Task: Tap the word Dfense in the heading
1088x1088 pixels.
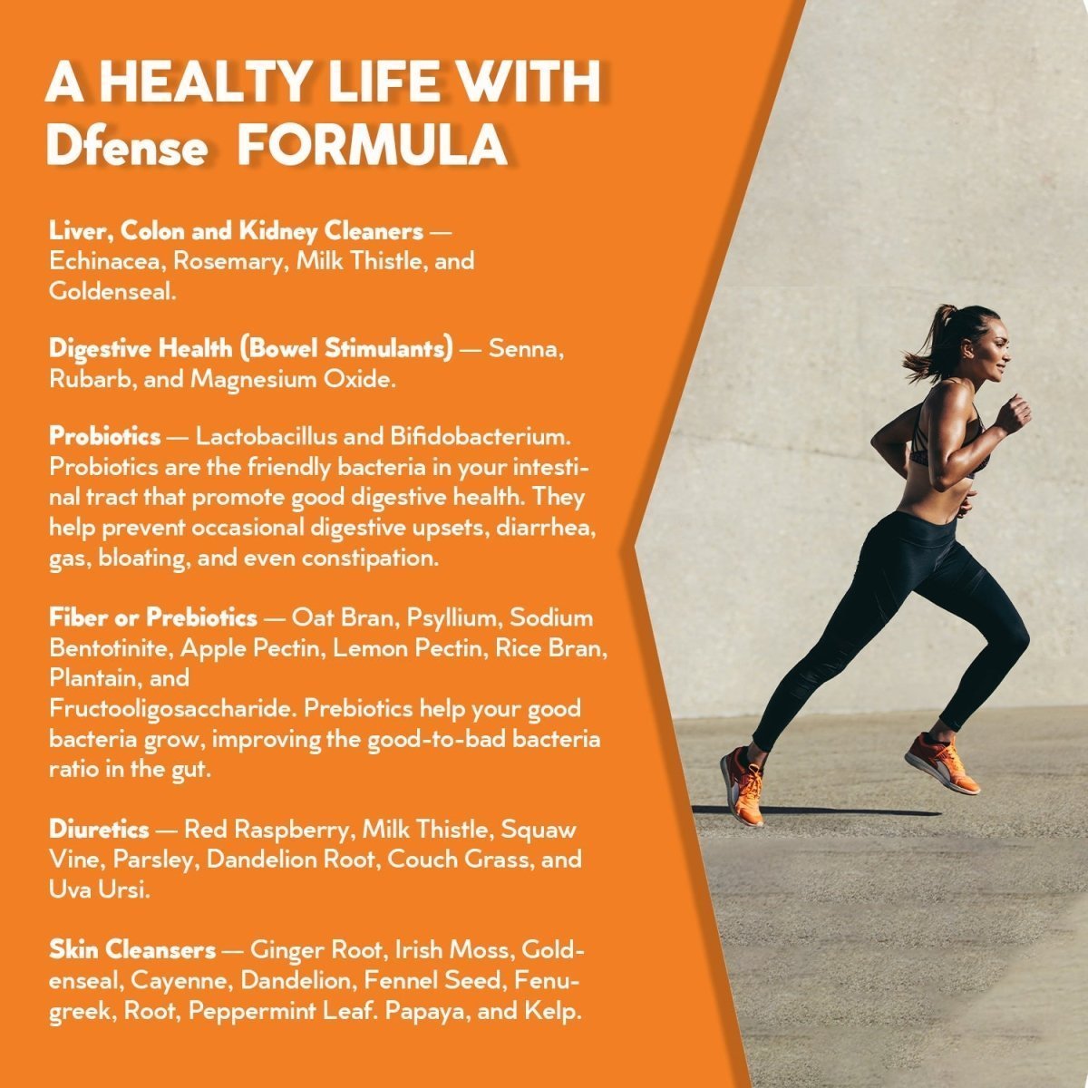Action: click(x=126, y=145)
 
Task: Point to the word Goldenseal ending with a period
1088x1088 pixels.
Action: click(x=112, y=291)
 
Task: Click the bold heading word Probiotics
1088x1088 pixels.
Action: click(x=105, y=436)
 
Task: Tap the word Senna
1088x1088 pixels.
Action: click(x=526, y=349)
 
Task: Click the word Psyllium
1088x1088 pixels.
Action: click(x=454, y=618)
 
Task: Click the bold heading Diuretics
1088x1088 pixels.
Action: click(x=99, y=830)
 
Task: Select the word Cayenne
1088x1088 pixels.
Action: click(x=181, y=981)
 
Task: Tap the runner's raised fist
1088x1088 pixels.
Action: click(x=1015, y=413)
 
